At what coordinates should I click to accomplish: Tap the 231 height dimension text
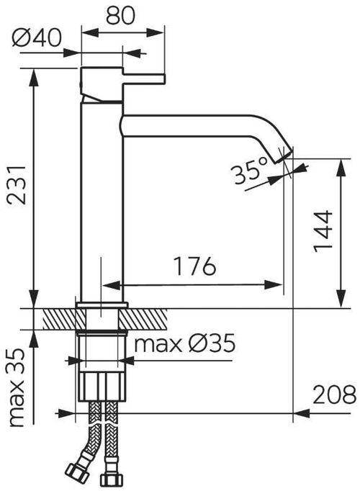[17, 185]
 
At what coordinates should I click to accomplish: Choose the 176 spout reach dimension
[194, 266]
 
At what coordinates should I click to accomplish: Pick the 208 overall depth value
[334, 395]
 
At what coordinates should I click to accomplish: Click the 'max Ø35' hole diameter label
[185, 343]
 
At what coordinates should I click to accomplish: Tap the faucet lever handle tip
[162, 79]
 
